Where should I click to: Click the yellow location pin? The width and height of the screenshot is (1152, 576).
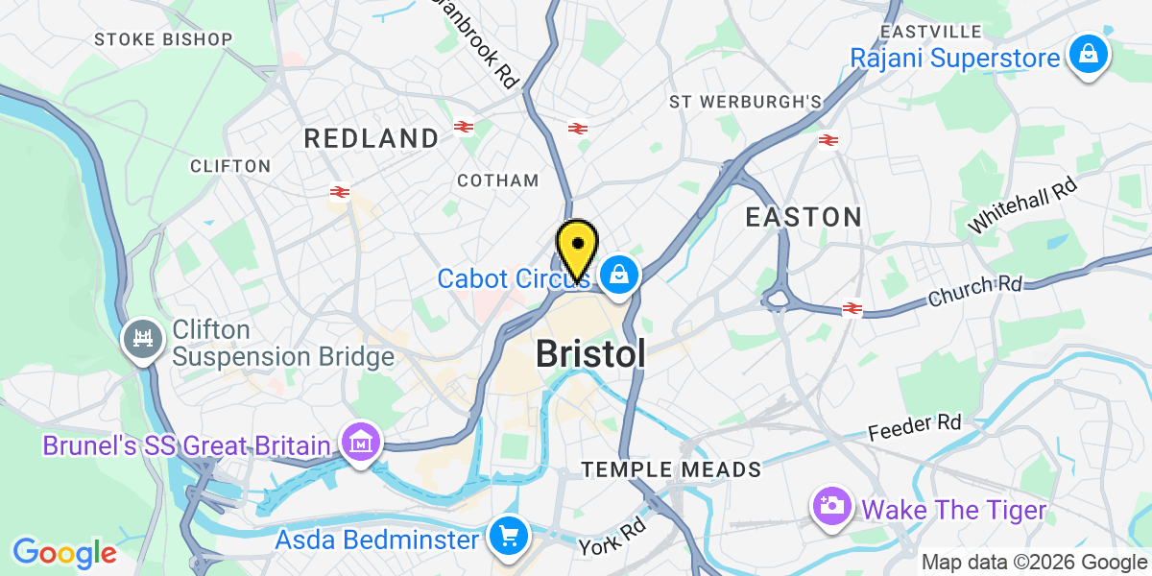[x=577, y=248]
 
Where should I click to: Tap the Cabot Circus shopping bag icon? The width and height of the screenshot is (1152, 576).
[x=620, y=276]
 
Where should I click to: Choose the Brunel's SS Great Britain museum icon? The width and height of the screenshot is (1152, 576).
[x=362, y=444]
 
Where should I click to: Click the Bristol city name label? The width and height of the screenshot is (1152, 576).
[x=589, y=354]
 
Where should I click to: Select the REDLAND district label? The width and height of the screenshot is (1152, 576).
[x=372, y=138]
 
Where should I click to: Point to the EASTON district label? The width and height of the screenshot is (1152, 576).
[x=804, y=217]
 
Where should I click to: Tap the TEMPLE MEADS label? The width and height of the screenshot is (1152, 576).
[x=672, y=469]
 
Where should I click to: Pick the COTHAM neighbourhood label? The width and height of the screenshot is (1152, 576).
[x=498, y=180]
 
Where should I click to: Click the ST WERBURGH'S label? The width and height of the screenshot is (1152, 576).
[x=746, y=102]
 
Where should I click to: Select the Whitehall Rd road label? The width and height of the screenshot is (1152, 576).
[x=1023, y=204]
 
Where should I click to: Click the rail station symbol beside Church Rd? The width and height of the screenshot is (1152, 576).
[x=852, y=308]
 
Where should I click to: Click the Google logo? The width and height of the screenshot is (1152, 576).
[x=63, y=553]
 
